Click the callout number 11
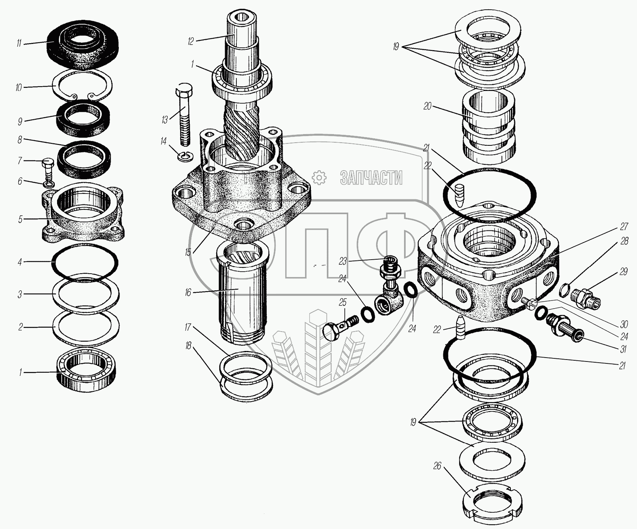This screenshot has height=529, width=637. tap(19, 44)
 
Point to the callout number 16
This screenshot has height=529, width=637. tap(188, 292)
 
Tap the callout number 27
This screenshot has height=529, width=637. tap(623, 227)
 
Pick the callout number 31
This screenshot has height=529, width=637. tap(623, 349)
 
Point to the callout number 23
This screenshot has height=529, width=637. tap(342, 262)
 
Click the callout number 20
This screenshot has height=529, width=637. tap(427, 106)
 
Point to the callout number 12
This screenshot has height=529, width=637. tap(190, 41)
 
